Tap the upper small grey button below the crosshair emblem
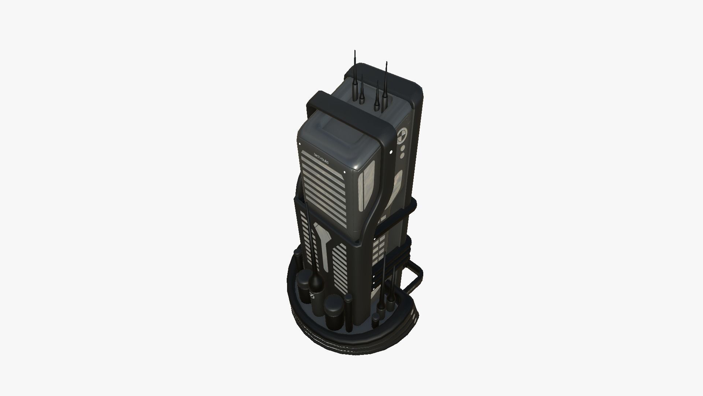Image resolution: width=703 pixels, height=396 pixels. (402, 149)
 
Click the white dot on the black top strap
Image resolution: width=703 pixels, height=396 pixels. (391, 151)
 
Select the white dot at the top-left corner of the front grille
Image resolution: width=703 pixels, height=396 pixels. (300, 144)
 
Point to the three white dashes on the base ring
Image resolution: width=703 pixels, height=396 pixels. (414, 315)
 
